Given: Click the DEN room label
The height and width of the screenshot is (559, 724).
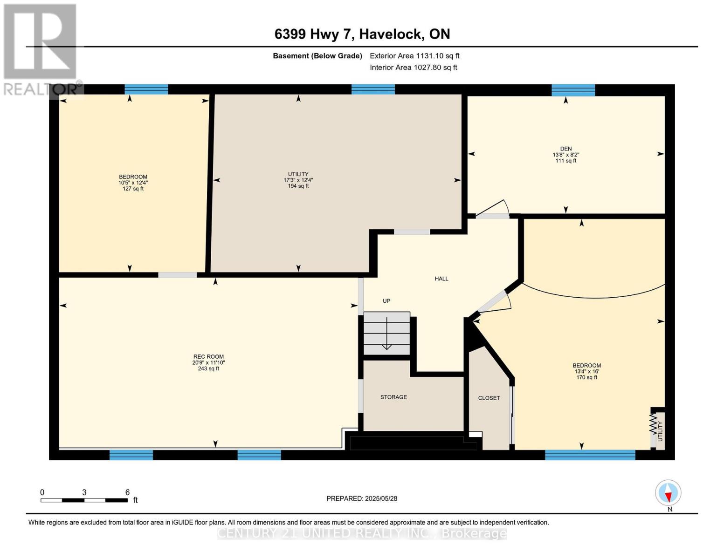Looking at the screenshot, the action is pos(565,149).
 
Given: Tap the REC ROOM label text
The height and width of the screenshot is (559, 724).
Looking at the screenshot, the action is pos(208,356).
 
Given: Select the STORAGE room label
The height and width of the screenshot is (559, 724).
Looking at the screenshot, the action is pos(393,397).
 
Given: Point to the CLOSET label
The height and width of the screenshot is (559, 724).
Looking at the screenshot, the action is pos(489,398).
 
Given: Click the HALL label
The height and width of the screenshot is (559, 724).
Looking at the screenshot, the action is pos(441,278).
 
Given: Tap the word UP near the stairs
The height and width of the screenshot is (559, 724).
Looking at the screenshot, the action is pos(386,300).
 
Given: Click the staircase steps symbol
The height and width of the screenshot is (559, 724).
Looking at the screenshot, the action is pos(386,333).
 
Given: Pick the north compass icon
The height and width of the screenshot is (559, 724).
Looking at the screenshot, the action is pos(668,493).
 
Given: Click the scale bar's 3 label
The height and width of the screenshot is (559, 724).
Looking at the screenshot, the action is pos(84,492).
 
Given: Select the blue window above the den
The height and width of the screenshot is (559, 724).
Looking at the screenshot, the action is pos(573,90).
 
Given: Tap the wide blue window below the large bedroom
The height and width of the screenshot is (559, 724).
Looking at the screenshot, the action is pos(590,455).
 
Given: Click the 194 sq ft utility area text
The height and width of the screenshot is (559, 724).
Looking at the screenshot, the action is pos(298,186).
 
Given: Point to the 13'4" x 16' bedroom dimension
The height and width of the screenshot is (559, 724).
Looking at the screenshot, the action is pos(587,371).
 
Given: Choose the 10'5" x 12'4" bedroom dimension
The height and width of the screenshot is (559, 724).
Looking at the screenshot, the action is pos(133,183).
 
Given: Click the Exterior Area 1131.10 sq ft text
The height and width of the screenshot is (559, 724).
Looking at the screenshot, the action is pos(414,55).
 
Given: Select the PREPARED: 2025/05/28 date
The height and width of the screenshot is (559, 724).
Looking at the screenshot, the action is pos(362,498).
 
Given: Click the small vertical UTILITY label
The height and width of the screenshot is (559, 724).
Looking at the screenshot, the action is pos(660,431).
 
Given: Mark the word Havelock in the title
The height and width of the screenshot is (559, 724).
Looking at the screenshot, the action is pos(391,34).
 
